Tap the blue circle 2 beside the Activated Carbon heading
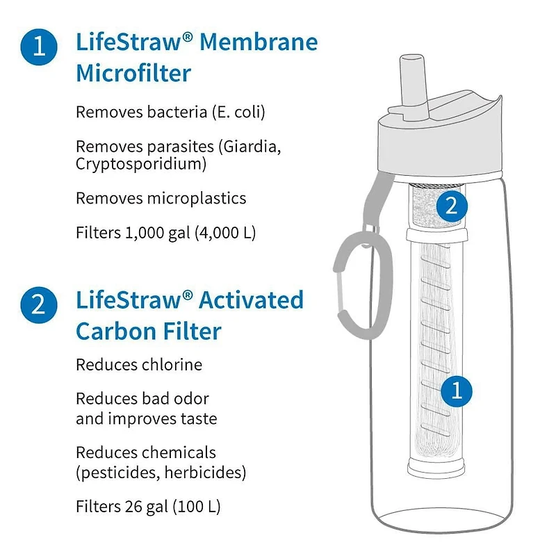[x=40, y=304]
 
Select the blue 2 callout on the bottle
[x=450, y=205]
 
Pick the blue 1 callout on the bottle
[x=456, y=391]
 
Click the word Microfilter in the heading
[x=133, y=72]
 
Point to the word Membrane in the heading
[x=259, y=43]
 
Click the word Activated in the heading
[x=252, y=300]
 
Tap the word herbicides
[x=211, y=473]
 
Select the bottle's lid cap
[x=439, y=142]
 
